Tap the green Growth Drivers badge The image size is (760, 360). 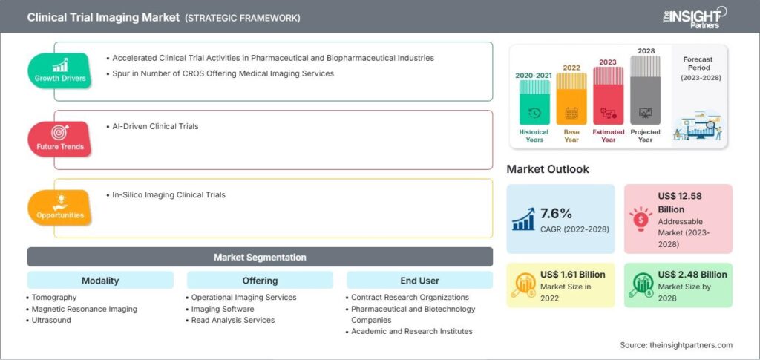click(x=60, y=71)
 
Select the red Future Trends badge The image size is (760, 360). click(x=60, y=139)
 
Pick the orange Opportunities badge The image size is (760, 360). click(x=60, y=208)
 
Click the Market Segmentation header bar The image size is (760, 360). click(x=260, y=257)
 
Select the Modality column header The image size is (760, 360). click(x=100, y=281)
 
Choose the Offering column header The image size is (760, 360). click(x=260, y=281)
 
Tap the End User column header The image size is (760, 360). click(x=419, y=281)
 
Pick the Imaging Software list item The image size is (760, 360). click(x=223, y=309)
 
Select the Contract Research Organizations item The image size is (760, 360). click(x=410, y=298)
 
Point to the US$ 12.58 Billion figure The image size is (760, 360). click(x=680, y=201)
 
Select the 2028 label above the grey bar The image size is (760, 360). click(x=645, y=50)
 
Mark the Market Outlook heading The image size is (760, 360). click(x=548, y=169)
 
